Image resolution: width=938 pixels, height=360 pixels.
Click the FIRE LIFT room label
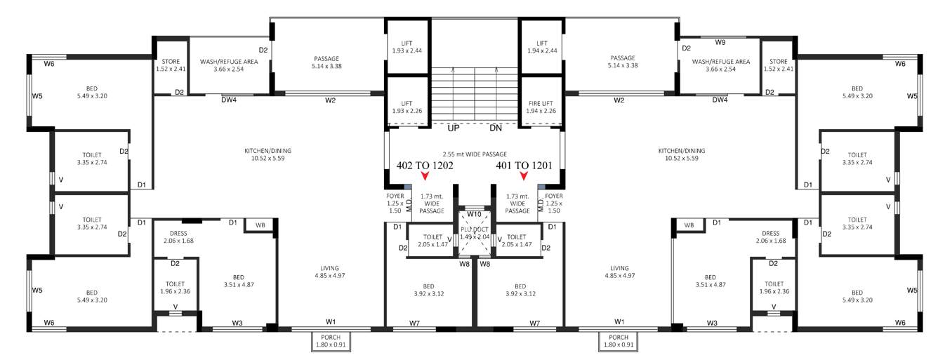coord(541,106)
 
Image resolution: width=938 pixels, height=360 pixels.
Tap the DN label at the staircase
coord(496,128)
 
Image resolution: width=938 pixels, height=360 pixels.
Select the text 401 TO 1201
coord(523,166)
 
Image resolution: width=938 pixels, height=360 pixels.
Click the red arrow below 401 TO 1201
coord(524,177)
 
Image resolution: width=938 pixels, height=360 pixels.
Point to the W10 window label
coord(475,214)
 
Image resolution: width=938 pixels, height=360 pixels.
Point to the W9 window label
coord(720,42)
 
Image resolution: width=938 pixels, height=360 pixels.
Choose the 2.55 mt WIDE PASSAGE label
coord(475,154)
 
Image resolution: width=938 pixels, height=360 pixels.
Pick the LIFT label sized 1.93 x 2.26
coord(407,106)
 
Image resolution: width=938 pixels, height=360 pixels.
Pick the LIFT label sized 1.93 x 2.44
coord(407,46)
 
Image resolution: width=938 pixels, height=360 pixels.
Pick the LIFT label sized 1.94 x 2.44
coord(541,46)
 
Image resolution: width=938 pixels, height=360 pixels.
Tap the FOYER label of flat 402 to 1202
coord(395,202)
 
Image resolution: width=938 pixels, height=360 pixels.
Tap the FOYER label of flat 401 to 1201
coord(555,202)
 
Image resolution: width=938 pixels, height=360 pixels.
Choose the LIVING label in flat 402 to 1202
coord(329,272)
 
